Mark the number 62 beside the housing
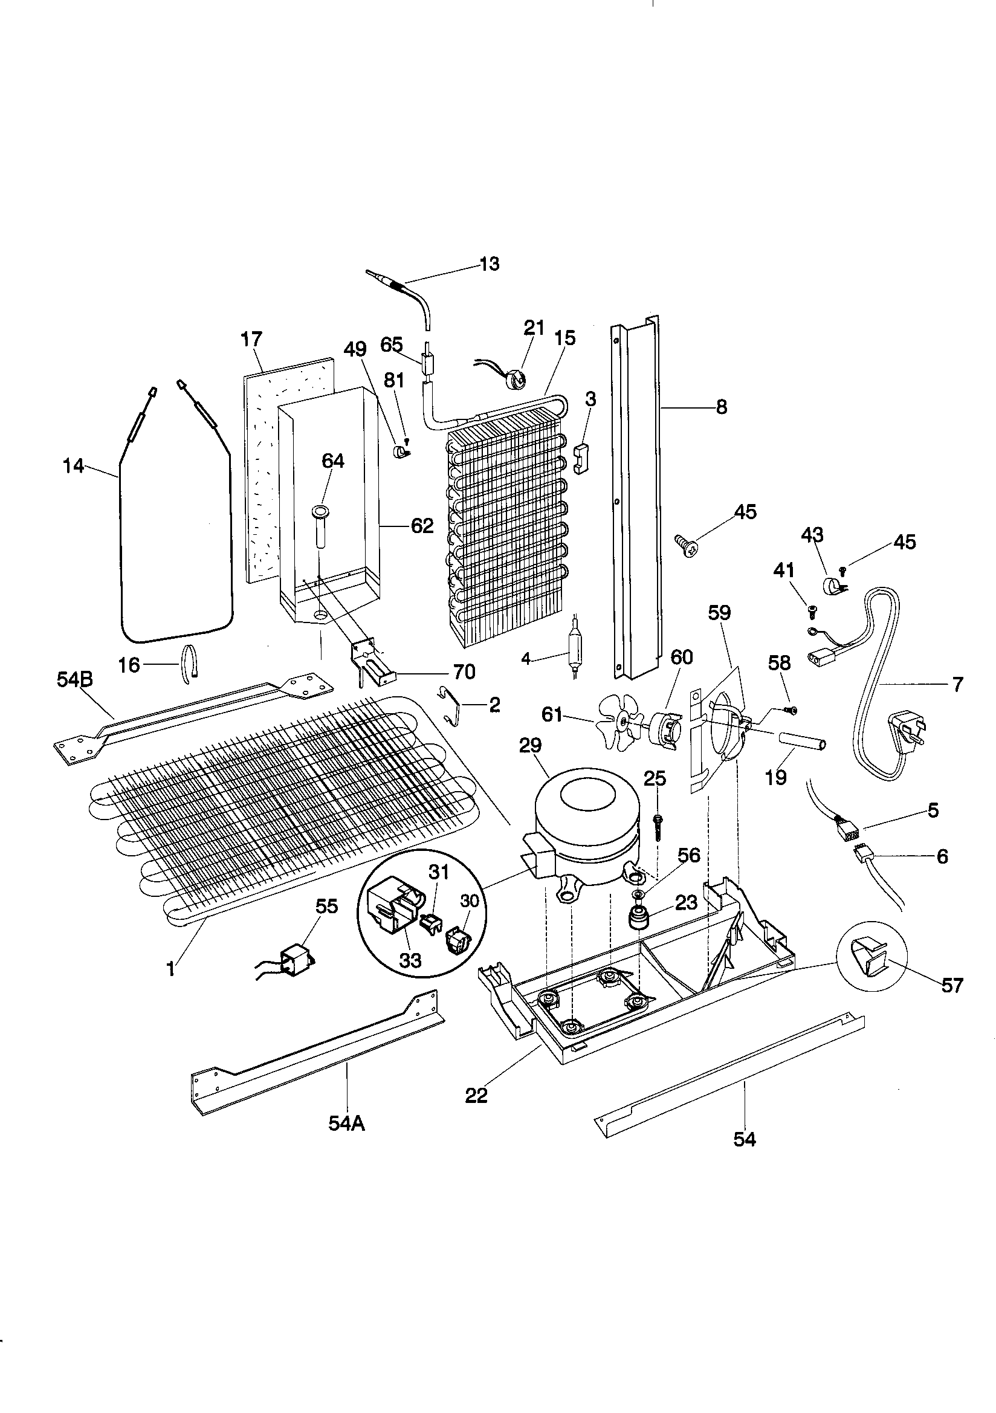422,526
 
